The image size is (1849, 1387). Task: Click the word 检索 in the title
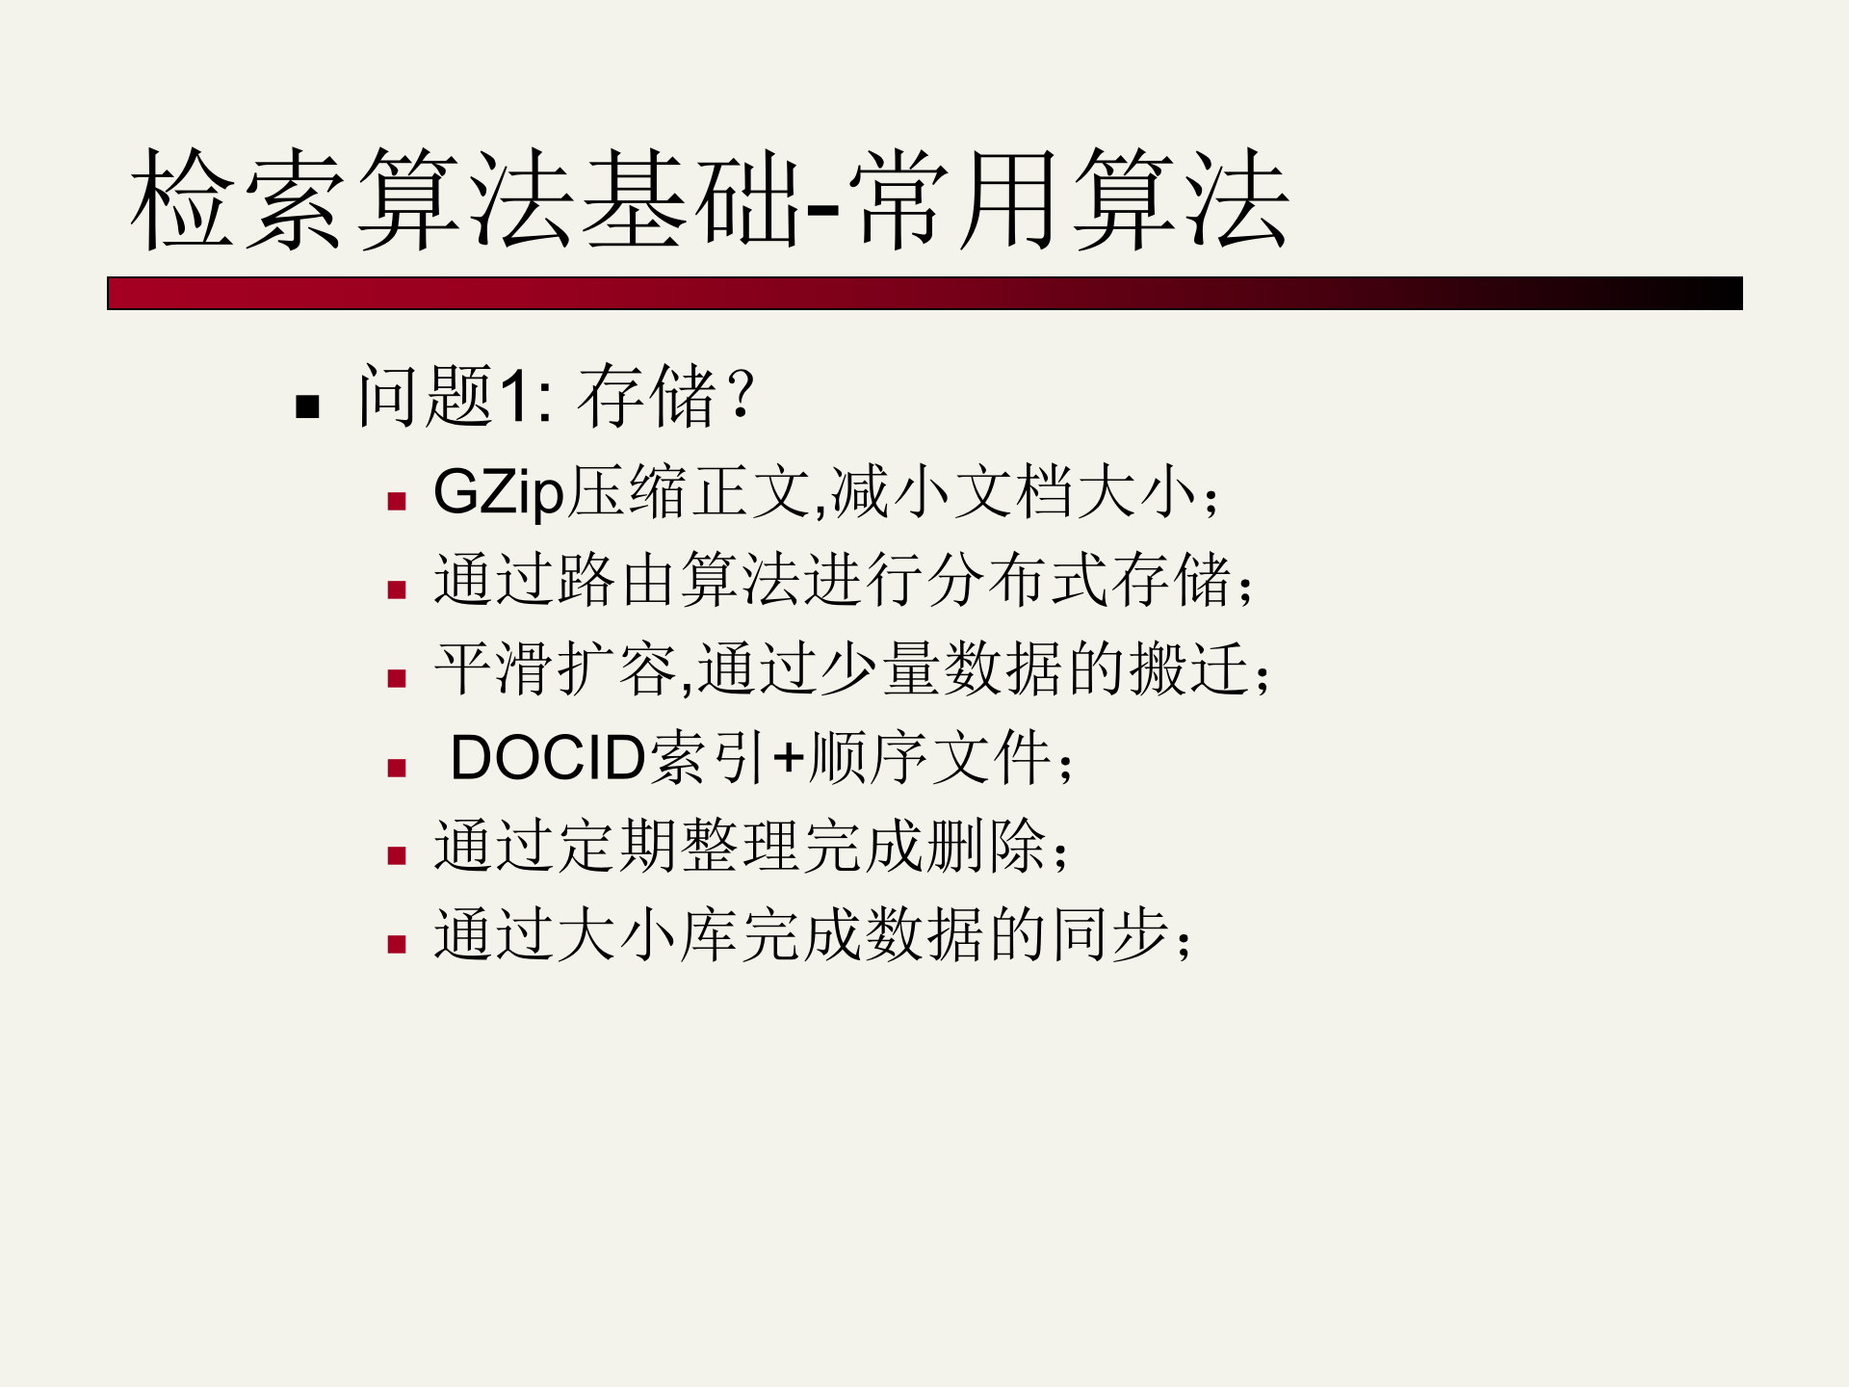point(237,199)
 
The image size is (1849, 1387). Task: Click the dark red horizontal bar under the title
point(924,294)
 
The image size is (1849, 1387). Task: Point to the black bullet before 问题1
point(308,406)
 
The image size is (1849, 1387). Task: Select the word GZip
point(498,492)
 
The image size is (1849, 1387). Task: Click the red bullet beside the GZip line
point(397,501)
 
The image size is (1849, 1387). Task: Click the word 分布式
point(1019,580)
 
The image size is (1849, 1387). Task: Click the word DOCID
point(548,758)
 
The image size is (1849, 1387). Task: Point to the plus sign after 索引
point(789,758)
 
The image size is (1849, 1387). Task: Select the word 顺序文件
point(930,758)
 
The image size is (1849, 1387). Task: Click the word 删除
point(988,846)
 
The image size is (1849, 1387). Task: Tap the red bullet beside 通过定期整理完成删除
point(397,855)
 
